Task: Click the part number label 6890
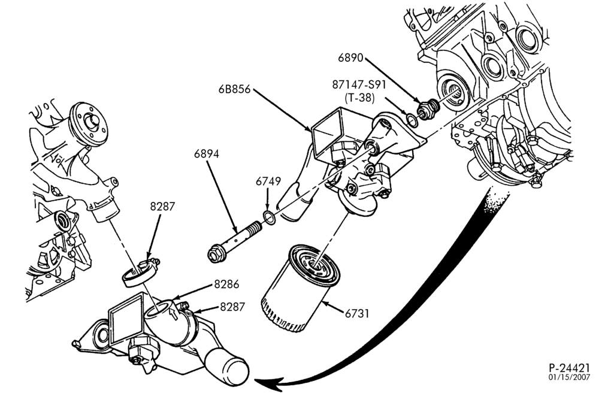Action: click(351, 58)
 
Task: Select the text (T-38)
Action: click(359, 98)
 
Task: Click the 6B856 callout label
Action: click(234, 89)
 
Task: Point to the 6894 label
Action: click(207, 154)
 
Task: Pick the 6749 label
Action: click(268, 181)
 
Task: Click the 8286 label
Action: click(226, 284)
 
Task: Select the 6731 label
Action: click(357, 313)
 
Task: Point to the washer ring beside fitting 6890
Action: click(412, 120)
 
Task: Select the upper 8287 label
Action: click(162, 206)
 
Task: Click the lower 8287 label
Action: click(232, 307)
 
